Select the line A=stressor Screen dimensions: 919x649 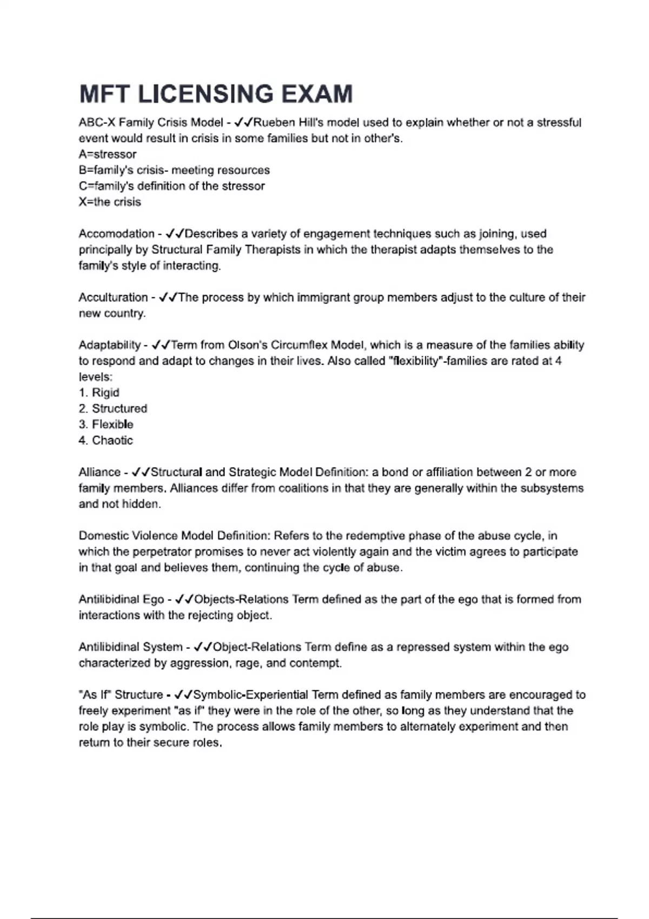tap(108, 154)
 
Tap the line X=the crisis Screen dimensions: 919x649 tap(110, 202)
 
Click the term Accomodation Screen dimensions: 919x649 tap(116, 234)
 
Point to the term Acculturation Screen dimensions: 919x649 tap(113, 297)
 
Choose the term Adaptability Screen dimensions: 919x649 tap(110, 345)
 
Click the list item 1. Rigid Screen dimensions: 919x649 tap(99, 392)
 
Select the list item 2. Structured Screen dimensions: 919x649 tap(113, 408)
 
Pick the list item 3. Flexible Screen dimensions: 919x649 tap(106, 424)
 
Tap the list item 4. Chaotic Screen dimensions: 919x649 tap(105, 440)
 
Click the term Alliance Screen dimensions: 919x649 tap(100, 472)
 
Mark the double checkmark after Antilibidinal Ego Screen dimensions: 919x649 tap(184, 599)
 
